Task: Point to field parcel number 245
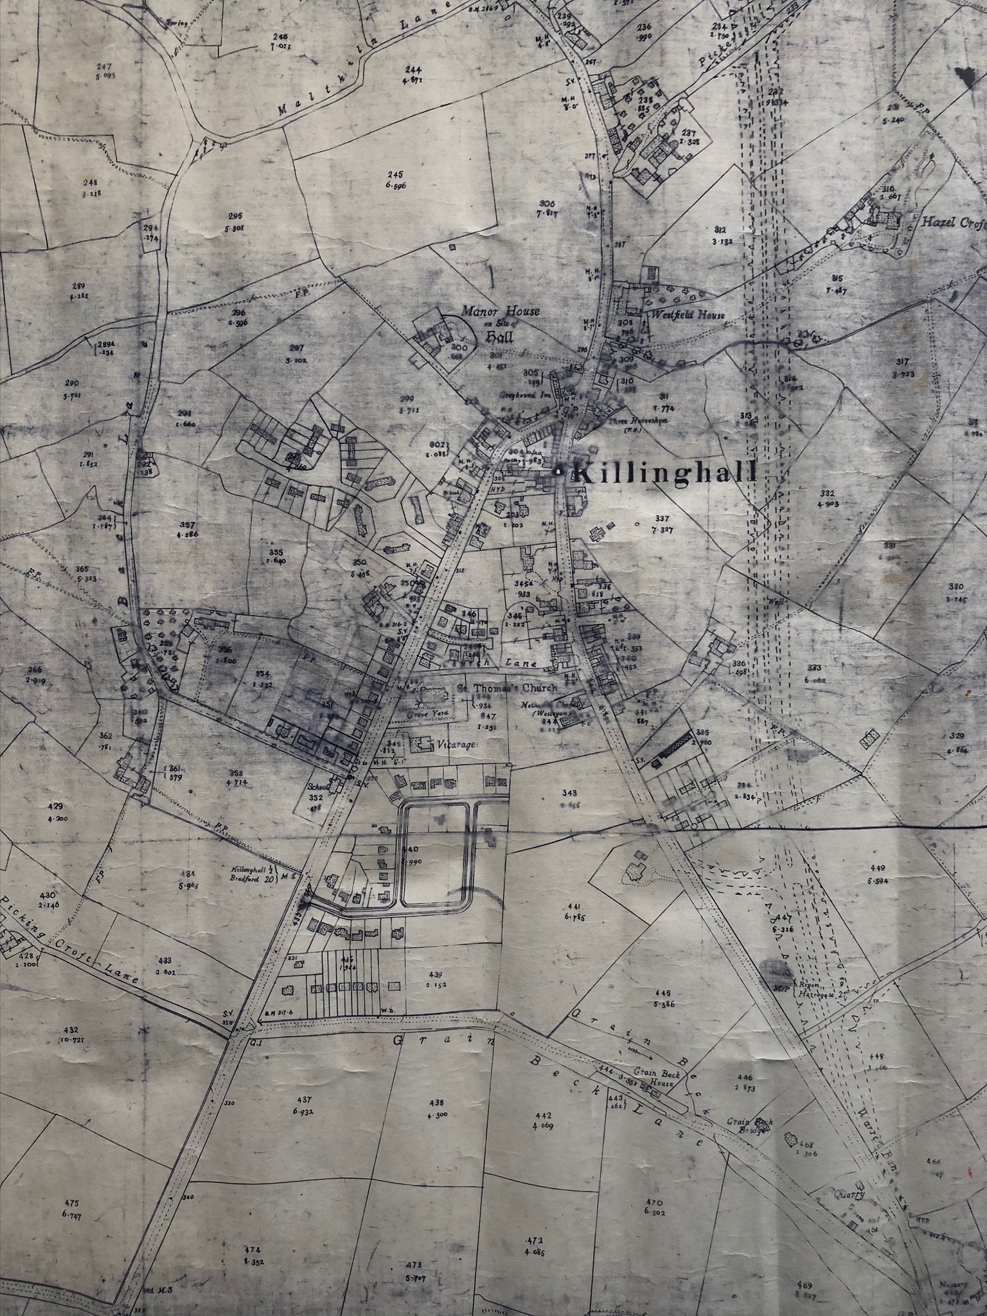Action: pyautogui.click(x=394, y=175)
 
